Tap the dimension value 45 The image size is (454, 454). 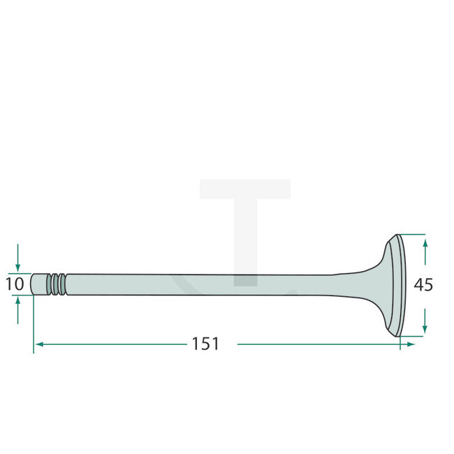(423, 284)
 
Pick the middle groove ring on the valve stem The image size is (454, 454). (56, 284)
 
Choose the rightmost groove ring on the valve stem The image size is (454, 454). (63, 284)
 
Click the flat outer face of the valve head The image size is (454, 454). (400, 285)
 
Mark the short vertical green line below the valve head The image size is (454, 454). (399, 342)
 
